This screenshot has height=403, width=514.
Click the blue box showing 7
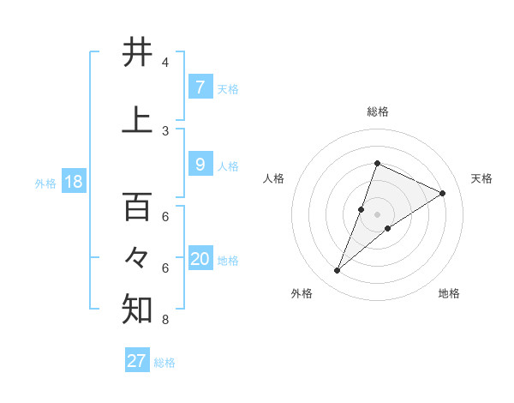pyautogui.click(x=200, y=87)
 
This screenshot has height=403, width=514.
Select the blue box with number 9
pyautogui.click(x=200, y=165)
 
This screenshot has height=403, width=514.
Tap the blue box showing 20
pyautogui.click(x=200, y=260)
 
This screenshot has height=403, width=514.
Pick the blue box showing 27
pyautogui.click(x=136, y=361)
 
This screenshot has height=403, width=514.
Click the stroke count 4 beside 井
pyautogui.click(x=165, y=63)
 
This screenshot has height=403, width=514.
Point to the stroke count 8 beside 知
pyautogui.click(x=165, y=321)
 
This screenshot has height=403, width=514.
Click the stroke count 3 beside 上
pyautogui.click(x=165, y=130)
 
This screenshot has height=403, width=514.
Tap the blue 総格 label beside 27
pyautogui.click(x=164, y=363)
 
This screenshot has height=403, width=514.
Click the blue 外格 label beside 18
pyautogui.click(x=45, y=183)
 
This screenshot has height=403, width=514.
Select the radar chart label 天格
pyautogui.click(x=481, y=178)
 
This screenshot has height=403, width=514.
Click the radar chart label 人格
pyautogui.click(x=273, y=178)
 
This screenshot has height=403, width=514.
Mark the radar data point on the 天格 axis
pyautogui.click(x=443, y=193)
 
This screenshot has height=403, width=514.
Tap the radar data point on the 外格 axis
pyautogui.click(x=338, y=271)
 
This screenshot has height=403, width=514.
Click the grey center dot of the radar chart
pyautogui.click(x=377, y=214)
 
